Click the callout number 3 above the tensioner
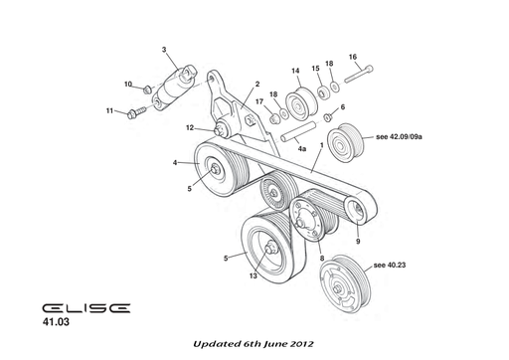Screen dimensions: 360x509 point(165,49)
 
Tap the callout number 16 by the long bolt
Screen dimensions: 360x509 point(352,57)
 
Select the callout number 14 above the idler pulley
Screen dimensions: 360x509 point(295,70)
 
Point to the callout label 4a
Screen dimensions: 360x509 point(301,148)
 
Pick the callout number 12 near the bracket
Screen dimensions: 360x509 point(189,126)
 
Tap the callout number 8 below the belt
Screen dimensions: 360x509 point(321,258)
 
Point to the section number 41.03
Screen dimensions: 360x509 point(57,323)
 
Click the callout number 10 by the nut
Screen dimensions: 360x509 point(127,85)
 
